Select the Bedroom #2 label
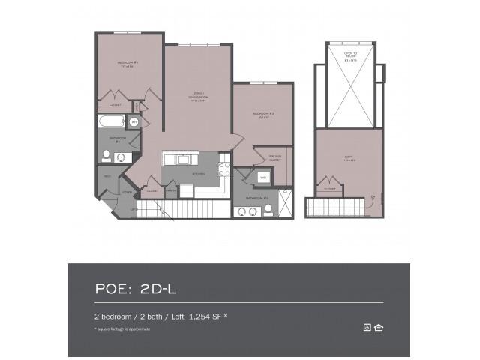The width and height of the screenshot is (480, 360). [262, 115]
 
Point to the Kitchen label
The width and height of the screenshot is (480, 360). [198, 174]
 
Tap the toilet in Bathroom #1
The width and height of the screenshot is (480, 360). [107, 157]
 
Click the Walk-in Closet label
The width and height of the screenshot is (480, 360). [274, 159]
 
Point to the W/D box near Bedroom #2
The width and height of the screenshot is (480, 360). [263, 178]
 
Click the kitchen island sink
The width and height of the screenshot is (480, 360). [181, 159]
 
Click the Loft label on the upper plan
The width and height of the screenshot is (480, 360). [346, 157]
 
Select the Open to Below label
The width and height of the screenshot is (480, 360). [349, 55]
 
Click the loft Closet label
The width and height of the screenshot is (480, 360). [329, 190]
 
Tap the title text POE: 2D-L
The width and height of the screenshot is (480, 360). [135, 286]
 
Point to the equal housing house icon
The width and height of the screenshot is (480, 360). [378, 326]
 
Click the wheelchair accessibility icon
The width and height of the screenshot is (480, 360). [367, 326]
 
